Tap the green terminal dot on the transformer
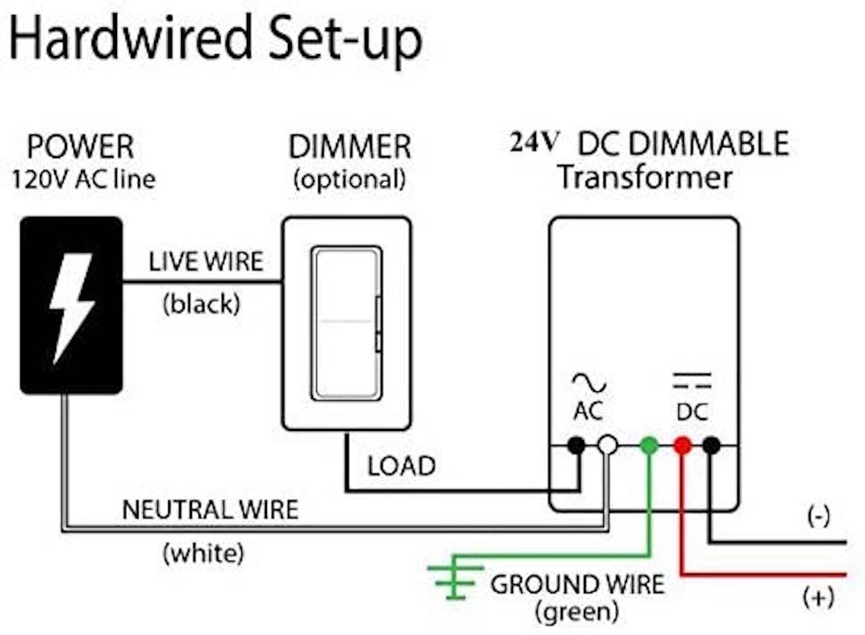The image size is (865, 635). (x=649, y=445)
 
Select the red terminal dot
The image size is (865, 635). (x=683, y=445)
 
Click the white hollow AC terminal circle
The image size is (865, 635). (x=608, y=445)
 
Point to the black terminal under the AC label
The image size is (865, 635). (x=576, y=445)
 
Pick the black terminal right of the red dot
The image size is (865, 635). (x=712, y=445)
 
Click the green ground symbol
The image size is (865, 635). (x=455, y=582)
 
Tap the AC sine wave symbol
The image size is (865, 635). (x=589, y=382)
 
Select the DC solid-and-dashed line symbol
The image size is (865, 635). (x=692, y=380)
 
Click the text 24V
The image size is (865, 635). (x=535, y=143)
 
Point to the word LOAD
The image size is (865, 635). (x=401, y=466)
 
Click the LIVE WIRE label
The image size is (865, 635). (x=206, y=261)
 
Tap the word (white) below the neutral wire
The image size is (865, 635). (x=204, y=553)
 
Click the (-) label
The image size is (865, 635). (x=818, y=515)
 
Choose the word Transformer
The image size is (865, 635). (x=645, y=178)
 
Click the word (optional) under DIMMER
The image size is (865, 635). (x=349, y=180)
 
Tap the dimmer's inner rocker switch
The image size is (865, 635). (x=347, y=323)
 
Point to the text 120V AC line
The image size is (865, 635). (x=84, y=180)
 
